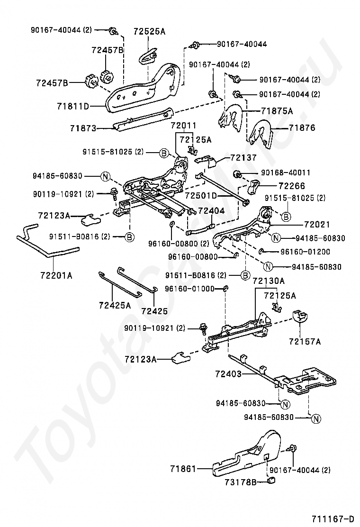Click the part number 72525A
coord(149,32)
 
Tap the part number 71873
coord(83,128)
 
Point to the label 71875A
coord(277,111)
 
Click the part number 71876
coord(302,127)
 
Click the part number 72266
coord(292,186)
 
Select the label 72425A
coord(115,306)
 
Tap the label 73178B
coord(241,482)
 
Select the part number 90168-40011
coord(276,173)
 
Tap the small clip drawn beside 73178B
coord(272,482)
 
